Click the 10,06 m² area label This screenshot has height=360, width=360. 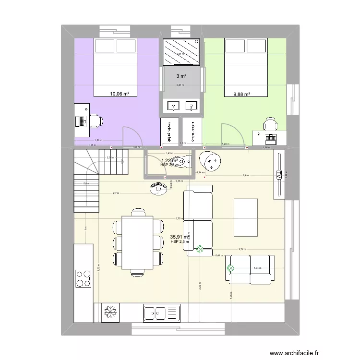tap(120, 94)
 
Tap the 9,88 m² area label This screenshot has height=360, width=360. tap(242, 95)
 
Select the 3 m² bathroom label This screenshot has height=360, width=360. tap(181, 76)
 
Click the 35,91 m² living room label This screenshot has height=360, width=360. tap(180, 237)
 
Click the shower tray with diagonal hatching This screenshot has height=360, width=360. tap(181, 52)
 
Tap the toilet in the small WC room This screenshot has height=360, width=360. tap(187, 160)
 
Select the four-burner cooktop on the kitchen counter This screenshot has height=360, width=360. tap(83, 278)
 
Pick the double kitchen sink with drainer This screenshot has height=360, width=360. tap(161, 313)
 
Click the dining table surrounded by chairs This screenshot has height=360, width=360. tap(138, 242)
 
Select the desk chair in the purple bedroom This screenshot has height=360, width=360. tap(96, 121)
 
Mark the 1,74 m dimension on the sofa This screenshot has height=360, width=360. tap(257, 268)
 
